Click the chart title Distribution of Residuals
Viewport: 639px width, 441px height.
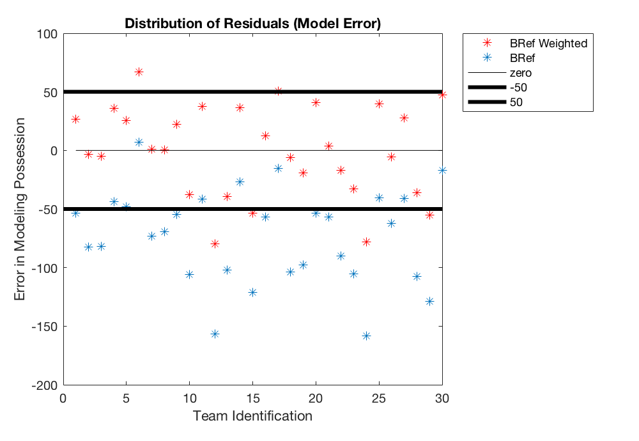[252, 24]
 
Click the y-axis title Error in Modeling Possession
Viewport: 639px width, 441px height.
[20, 209]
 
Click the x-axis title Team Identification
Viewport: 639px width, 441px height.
[252, 416]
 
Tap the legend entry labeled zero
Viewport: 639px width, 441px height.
[520, 73]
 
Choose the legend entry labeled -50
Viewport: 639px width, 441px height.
[518, 87]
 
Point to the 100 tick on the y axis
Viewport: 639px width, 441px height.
[47, 34]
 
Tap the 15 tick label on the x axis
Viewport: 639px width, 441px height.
[252, 398]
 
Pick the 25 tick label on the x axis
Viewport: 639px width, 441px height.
[379, 398]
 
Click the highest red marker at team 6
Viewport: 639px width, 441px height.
[139, 72]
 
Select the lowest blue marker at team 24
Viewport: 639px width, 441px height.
[366, 336]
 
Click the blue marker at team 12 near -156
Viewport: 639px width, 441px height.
[215, 334]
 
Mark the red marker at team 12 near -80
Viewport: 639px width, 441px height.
[215, 244]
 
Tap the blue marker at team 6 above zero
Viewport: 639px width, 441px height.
[139, 142]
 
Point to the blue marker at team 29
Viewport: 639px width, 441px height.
[429, 301]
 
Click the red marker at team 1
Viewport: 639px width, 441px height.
[75, 119]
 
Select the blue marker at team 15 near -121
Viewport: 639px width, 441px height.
[252, 292]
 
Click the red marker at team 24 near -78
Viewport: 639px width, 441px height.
[366, 242]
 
